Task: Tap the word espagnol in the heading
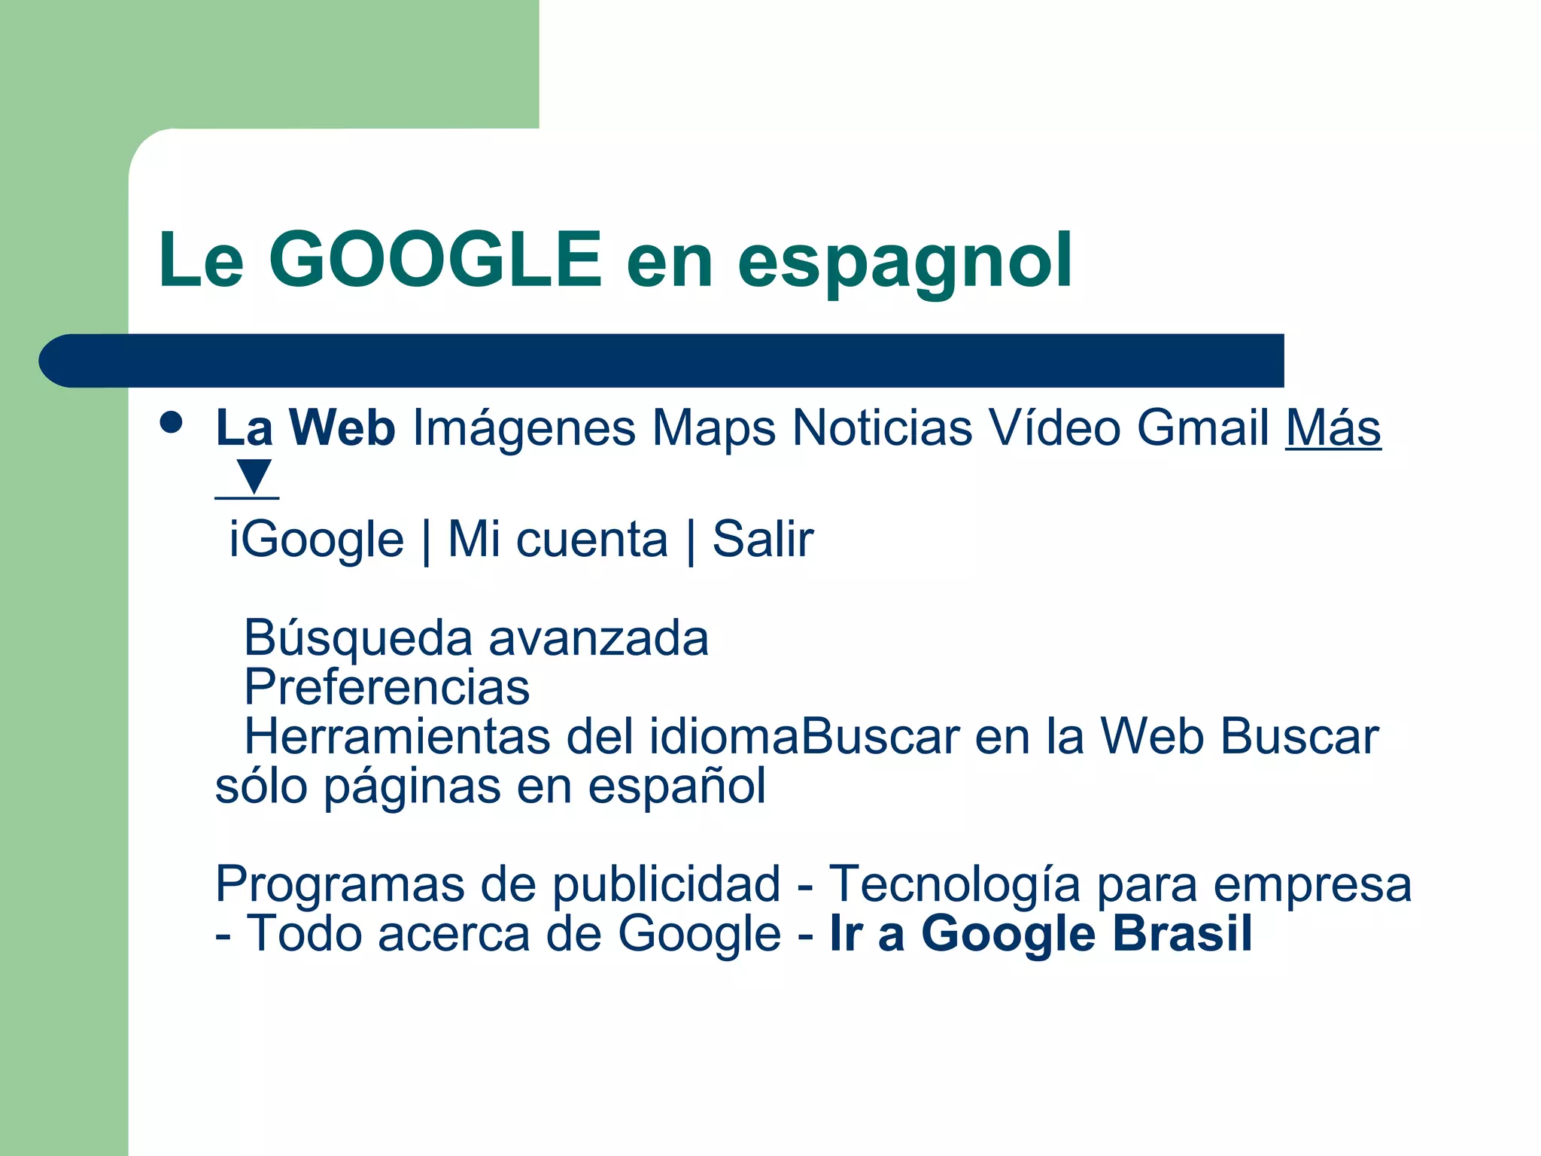click(x=904, y=262)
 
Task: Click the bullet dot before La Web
click(x=172, y=422)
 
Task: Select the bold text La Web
click(x=305, y=427)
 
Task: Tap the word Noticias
click(x=882, y=427)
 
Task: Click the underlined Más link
click(x=1333, y=427)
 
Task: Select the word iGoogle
click(x=316, y=539)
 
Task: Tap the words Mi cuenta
click(x=558, y=539)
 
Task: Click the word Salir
click(x=762, y=539)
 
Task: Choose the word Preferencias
click(x=387, y=687)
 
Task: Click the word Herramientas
click(x=397, y=736)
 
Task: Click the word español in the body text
click(x=676, y=786)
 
